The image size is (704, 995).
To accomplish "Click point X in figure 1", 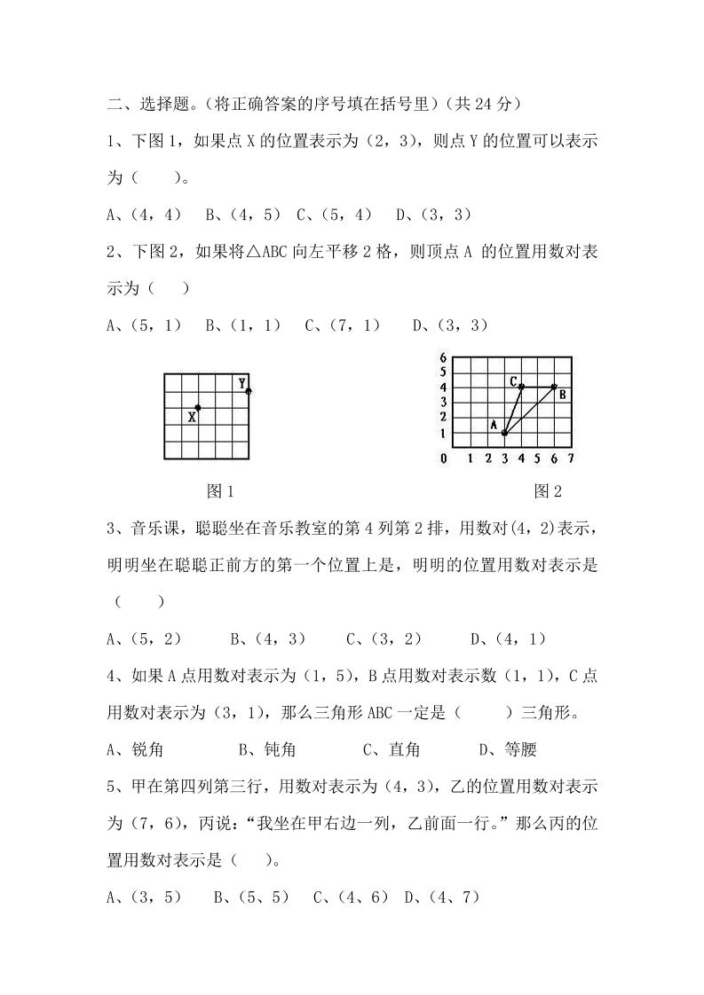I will [198, 408].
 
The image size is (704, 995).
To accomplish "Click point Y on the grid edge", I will [249, 391].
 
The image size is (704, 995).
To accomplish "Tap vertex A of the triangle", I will [504, 433].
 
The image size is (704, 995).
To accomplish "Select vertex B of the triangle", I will [555, 387].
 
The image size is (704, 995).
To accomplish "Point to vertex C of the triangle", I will [521, 387].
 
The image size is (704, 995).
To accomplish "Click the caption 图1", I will [219, 490].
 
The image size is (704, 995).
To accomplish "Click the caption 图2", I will [548, 490].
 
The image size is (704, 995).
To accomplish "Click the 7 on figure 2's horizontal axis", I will [571, 458].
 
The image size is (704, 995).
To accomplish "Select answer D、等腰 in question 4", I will [508, 749].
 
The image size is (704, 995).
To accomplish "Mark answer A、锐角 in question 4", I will [135, 749].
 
